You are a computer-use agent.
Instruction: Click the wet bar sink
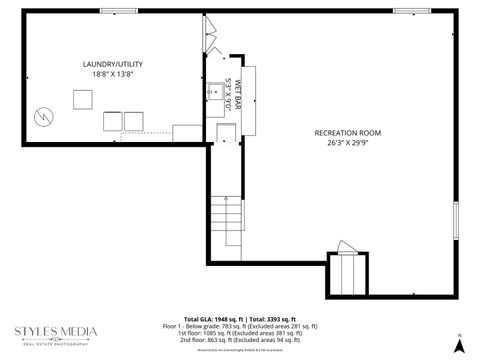coord(215,93)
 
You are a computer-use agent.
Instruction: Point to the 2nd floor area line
coord(239,340)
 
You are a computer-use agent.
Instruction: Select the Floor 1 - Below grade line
coord(239,325)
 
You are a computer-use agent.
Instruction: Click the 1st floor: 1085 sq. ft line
coord(239,333)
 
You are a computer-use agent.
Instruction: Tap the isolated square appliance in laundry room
coord(81,99)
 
